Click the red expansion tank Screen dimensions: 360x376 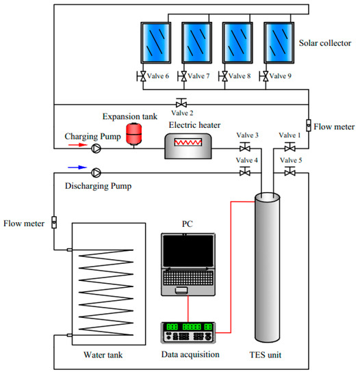coord(134,133)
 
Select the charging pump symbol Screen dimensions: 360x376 coord(97,148)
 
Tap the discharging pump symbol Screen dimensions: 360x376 coord(97,173)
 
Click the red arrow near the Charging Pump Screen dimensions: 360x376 coord(77,145)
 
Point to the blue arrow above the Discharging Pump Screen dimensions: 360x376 coord(77,167)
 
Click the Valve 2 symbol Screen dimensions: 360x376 coord(181,103)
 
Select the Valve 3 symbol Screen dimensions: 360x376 coord(245,147)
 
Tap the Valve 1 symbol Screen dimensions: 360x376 coord(290,147)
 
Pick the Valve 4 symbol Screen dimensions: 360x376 coord(245,172)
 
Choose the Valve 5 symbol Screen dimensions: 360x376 coord(290,172)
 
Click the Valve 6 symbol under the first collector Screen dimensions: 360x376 coord(142,77)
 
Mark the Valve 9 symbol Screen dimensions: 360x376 coord(264,77)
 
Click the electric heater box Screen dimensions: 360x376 coord(188,146)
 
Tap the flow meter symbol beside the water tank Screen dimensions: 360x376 coord(54,222)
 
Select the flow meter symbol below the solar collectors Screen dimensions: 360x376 coord(309,125)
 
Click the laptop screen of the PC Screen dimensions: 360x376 coord(188,251)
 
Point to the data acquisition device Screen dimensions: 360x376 coord(188,333)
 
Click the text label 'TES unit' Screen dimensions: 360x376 coord(266,355)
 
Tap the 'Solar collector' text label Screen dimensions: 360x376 coord(325,43)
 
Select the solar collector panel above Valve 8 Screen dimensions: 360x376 coord(237,42)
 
